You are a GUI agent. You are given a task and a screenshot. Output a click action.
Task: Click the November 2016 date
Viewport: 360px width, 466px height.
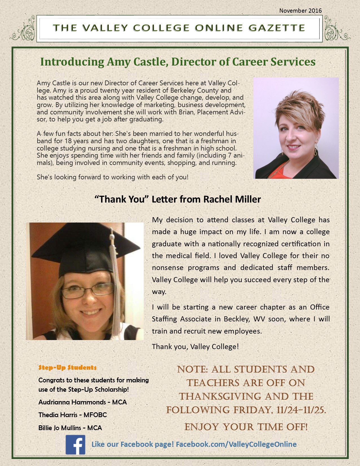coord(300,11)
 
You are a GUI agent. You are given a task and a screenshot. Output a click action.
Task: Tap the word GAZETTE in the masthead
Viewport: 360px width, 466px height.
coord(277,28)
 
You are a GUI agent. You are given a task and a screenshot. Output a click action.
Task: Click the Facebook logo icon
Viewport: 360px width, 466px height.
coord(75,445)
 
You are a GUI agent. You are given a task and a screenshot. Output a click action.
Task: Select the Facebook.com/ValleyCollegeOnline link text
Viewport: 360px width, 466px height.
coord(236,444)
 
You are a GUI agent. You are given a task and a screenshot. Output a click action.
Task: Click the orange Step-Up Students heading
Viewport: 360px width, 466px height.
coord(67,367)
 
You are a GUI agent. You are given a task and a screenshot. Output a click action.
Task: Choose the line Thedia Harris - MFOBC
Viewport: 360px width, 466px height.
coord(73,415)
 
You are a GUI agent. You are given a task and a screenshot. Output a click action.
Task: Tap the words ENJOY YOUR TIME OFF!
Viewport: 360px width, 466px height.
coord(246,427)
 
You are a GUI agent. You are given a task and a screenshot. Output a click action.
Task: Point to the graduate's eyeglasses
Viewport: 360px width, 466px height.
coord(88,291)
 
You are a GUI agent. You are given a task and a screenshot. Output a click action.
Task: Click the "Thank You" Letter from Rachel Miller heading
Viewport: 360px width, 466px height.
coord(178,199)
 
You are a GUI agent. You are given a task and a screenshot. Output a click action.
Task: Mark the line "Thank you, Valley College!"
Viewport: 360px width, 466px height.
coord(195,347)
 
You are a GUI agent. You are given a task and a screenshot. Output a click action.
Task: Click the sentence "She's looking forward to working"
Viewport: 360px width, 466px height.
coord(112,177)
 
